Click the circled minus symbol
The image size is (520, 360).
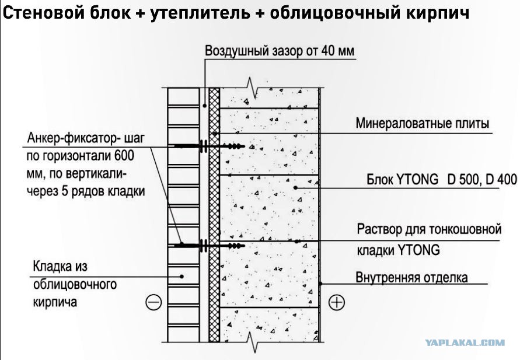(x=154, y=302)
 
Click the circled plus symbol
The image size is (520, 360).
(x=337, y=302)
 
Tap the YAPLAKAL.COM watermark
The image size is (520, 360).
(x=465, y=342)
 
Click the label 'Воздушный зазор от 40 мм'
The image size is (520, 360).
(x=280, y=51)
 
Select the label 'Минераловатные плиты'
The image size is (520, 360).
(x=422, y=123)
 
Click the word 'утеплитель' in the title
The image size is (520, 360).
(x=200, y=13)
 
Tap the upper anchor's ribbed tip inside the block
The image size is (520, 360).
(x=236, y=146)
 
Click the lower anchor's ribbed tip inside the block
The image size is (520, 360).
(x=236, y=246)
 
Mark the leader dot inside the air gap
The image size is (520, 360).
(x=205, y=106)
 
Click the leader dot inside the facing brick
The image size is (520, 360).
(x=182, y=276)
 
